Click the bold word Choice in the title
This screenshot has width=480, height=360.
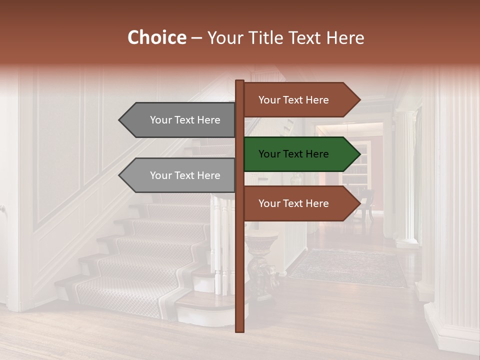(x=156, y=37)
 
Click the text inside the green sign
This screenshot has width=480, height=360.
(x=293, y=154)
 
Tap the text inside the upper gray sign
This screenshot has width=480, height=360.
(x=185, y=120)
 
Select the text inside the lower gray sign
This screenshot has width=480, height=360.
(x=185, y=175)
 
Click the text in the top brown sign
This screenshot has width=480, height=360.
(x=293, y=100)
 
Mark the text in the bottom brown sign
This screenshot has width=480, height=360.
(x=293, y=203)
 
